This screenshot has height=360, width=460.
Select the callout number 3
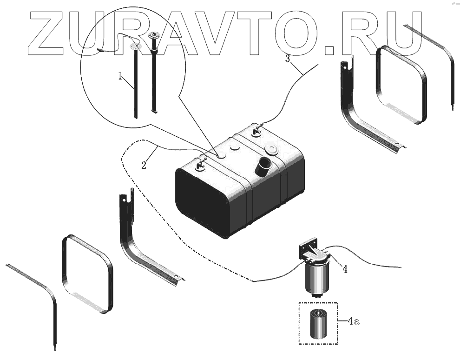point(288,59)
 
